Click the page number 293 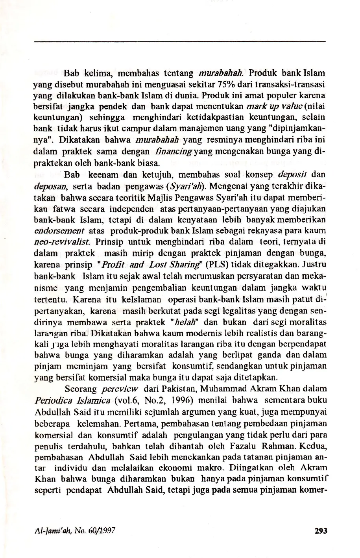pyautogui.click(x=321, y=530)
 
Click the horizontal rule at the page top pyautogui.click(x=180, y=41)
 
